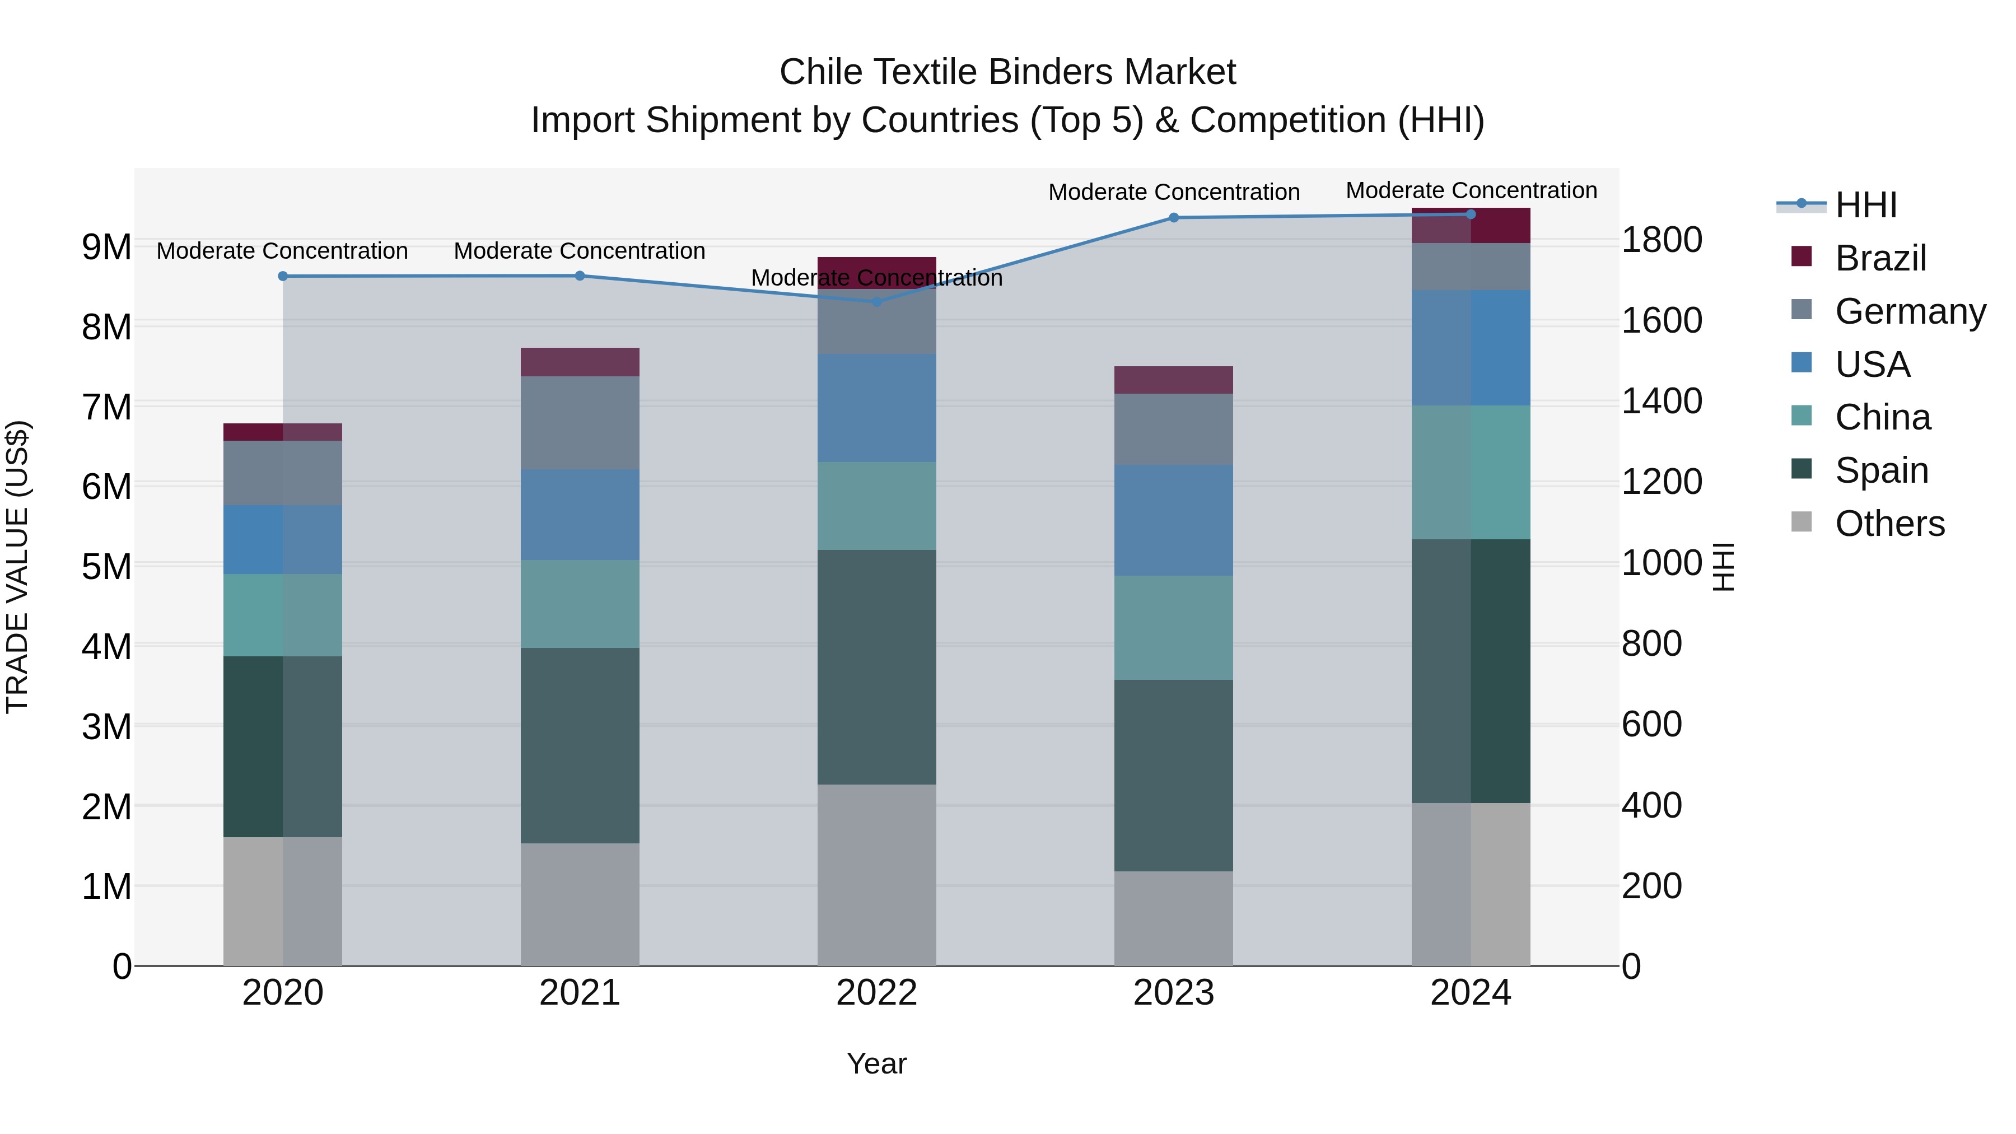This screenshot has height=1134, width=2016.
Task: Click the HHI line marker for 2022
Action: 876,301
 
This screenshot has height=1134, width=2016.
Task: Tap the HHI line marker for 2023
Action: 1173,218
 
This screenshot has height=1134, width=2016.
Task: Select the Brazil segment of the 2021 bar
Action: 580,362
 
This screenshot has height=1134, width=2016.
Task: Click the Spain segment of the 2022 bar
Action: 876,667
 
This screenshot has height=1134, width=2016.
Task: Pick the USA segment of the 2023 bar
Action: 1173,520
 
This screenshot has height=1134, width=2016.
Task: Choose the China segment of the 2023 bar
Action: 1173,628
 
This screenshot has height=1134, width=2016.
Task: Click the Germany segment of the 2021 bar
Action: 580,423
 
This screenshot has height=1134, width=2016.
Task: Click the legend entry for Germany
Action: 1910,311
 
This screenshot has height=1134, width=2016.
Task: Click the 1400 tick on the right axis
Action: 1661,401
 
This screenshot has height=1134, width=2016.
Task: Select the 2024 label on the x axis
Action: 1471,992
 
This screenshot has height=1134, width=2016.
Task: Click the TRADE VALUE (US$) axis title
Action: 17,567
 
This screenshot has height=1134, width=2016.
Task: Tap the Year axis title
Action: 876,1063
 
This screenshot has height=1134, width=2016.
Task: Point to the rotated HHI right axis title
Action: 1723,567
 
